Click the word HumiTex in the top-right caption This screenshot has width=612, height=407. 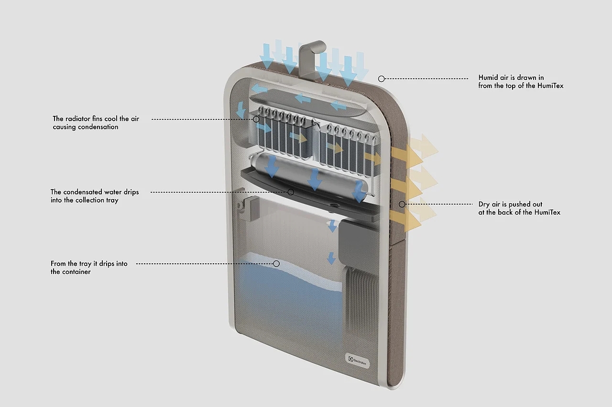[x=550, y=86]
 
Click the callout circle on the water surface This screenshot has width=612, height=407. [x=276, y=263]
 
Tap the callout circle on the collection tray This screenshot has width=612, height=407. [x=291, y=192]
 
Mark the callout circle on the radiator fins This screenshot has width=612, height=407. [x=256, y=119]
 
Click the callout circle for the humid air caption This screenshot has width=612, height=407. [x=381, y=78]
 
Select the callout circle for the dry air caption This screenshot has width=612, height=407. [x=402, y=204]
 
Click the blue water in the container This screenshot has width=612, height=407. [x=287, y=297]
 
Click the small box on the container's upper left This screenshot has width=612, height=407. [x=251, y=209]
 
